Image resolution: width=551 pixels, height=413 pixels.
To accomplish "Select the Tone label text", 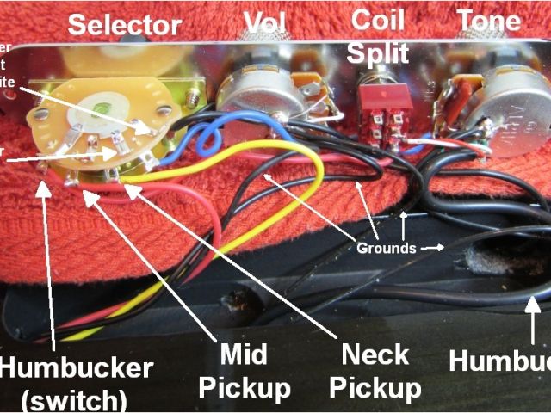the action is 488,21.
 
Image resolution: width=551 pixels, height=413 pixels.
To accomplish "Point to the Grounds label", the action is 387,248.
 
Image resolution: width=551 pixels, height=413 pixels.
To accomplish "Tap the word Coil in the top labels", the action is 378,19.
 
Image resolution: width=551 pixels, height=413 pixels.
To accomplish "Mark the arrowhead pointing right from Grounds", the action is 441,248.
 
